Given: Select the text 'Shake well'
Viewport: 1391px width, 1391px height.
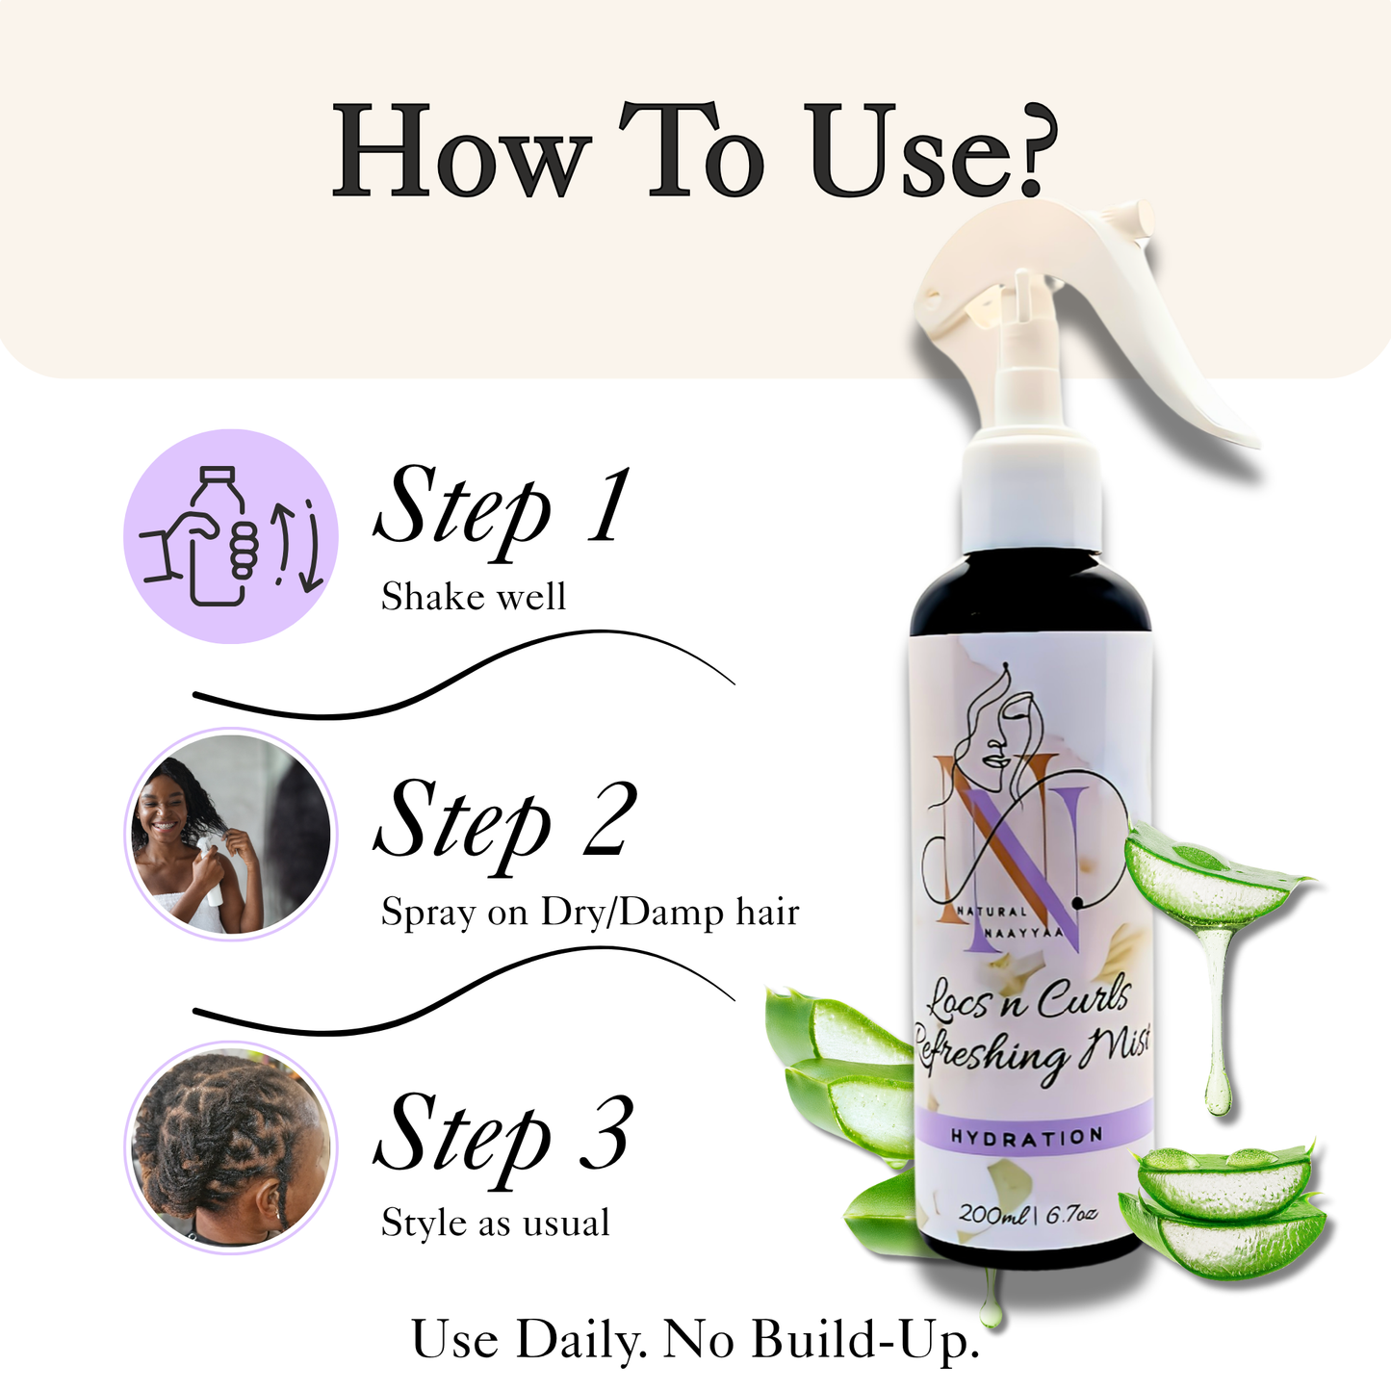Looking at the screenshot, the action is point(473,597).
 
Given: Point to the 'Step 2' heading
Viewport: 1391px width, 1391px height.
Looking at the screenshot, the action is point(504,826).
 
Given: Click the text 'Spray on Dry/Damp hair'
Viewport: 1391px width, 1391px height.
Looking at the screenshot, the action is point(590,913).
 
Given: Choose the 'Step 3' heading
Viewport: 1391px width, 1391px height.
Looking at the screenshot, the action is point(503,1141).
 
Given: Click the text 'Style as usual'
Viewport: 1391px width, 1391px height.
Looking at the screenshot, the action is point(495,1223).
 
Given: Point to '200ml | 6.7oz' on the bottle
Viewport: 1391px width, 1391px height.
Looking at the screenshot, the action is point(1028,1214).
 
